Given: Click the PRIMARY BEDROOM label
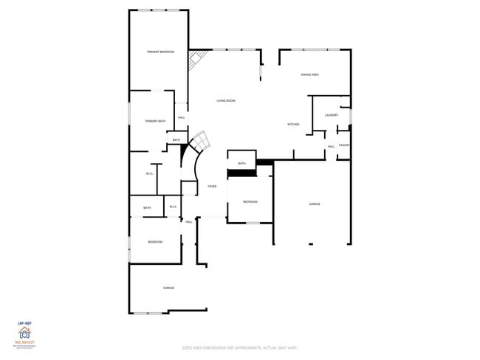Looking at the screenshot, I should tap(160, 52).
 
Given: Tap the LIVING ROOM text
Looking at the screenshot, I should tap(226, 100).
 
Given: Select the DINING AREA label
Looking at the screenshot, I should tap(309, 75).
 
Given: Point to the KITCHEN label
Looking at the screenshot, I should tap(293, 124).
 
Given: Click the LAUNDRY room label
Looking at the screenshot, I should tap(331, 115).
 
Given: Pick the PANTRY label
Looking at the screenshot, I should tap(344, 145).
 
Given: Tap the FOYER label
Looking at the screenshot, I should tap(212, 187).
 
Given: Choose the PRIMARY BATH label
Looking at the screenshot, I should tap(155, 121).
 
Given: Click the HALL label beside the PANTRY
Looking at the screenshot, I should tap(332, 146).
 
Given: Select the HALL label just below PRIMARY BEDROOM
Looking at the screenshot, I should tap(182, 118).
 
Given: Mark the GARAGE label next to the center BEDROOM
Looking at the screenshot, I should tap(315, 204).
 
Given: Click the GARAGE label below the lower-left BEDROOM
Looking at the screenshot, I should tap(168, 288).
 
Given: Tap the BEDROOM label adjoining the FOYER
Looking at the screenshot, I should tap(250, 201).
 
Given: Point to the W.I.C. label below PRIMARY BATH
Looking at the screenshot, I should tap(149, 173).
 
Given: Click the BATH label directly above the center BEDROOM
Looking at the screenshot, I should tap(241, 163).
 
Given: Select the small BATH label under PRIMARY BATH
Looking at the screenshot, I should tap(176, 140).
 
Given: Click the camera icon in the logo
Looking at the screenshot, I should tap(24, 333).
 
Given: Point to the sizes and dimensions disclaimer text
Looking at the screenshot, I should tap(240, 347).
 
